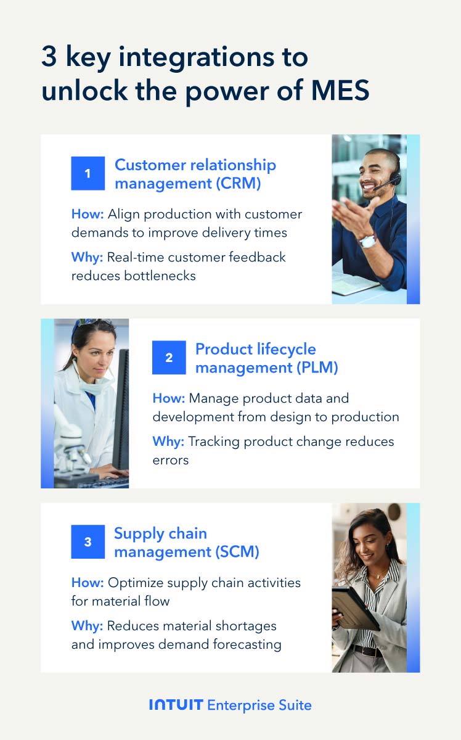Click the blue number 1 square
[x=88, y=173]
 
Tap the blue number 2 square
[x=169, y=358]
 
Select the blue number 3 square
[x=88, y=542]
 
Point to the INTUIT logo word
[x=176, y=705]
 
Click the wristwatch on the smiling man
[x=368, y=240]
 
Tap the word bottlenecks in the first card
[x=133, y=276]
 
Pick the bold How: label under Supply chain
[x=86, y=582]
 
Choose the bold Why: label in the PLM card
[x=168, y=442]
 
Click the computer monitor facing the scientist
[x=121, y=407]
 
